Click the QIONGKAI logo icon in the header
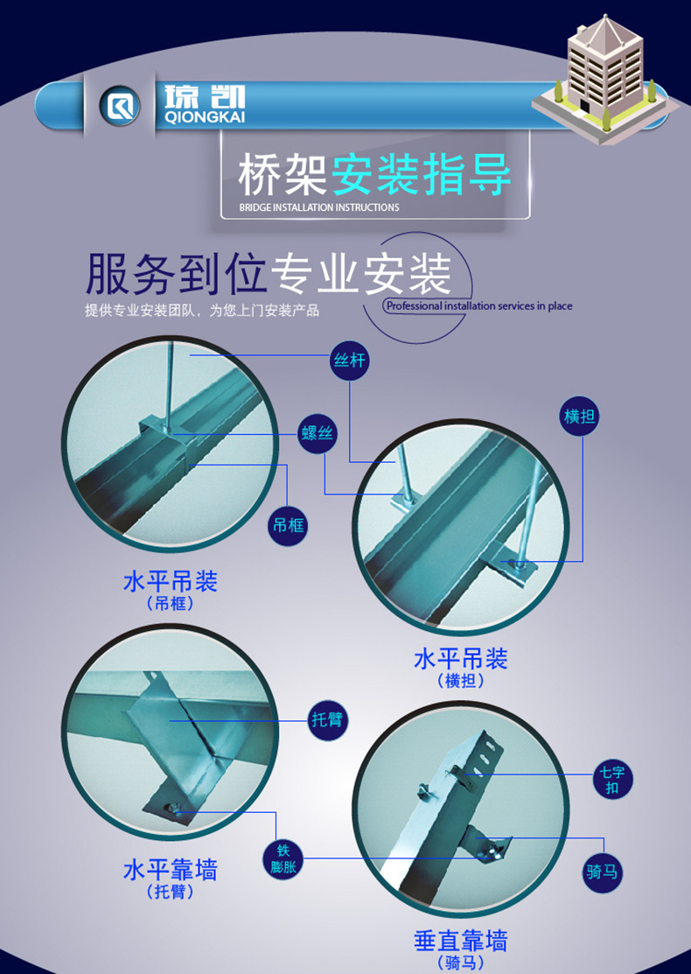[x=119, y=108]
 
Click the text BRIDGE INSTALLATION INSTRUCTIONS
[x=318, y=208]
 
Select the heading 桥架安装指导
[x=373, y=174]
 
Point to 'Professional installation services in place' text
[x=478, y=306]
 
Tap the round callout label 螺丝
[x=317, y=434]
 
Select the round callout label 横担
[x=579, y=417]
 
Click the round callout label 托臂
[x=329, y=721]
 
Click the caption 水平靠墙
[x=171, y=870]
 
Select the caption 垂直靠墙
[x=460, y=941]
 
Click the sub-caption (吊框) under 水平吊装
[x=171, y=604]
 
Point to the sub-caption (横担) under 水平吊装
[x=460, y=681]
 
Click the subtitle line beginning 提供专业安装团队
[x=202, y=311]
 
